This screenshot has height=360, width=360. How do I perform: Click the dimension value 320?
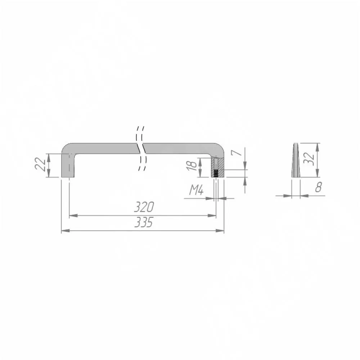click(x=144, y=207)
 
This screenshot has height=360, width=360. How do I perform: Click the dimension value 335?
click(x=144, y=222)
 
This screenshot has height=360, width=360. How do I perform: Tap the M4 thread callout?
click(x=196, y=190)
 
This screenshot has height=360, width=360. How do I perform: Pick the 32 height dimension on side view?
click(x=309, y=158)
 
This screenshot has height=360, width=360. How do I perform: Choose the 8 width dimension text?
click(x=319, y=187)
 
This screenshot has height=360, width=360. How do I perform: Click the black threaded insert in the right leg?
click(x=216, y=174)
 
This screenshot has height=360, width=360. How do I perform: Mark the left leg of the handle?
click(x=68, y=165)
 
